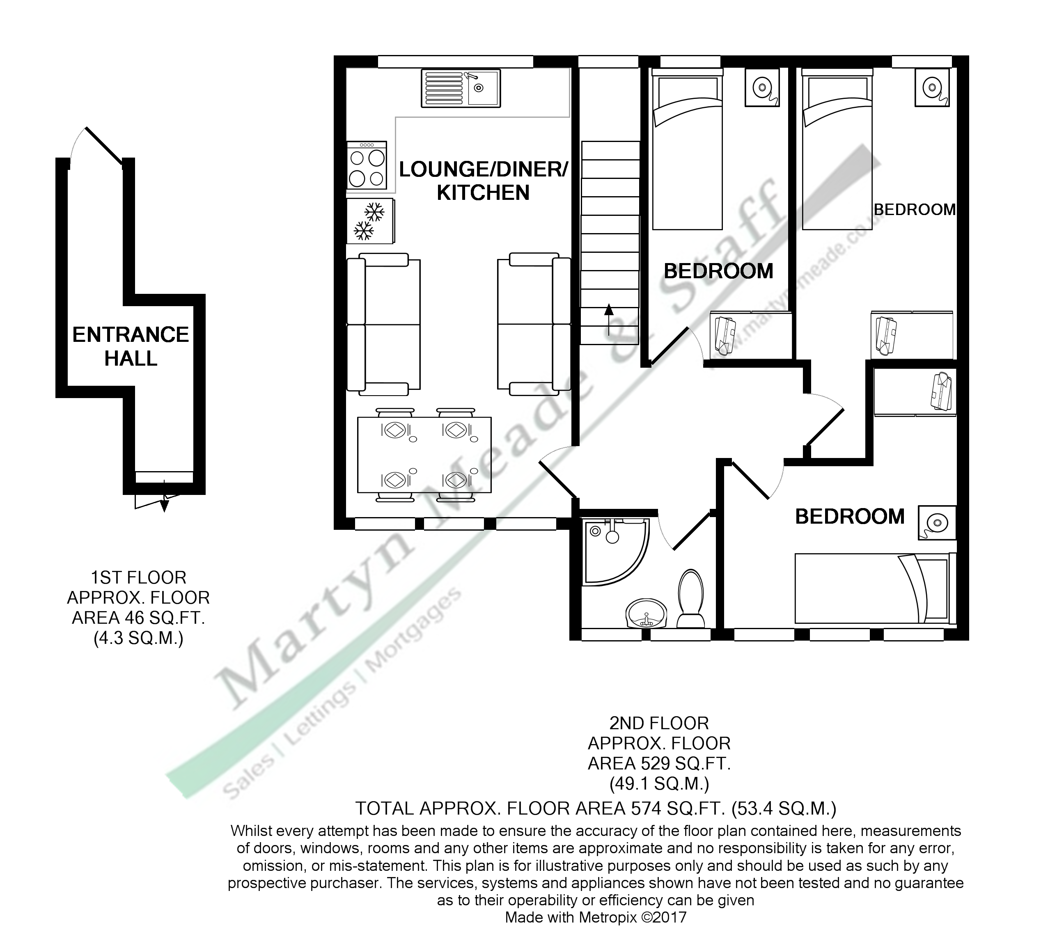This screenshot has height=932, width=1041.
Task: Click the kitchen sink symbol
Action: (461, 89)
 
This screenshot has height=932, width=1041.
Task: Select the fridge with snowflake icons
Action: (370, 221)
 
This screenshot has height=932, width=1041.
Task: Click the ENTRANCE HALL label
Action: (131, 347)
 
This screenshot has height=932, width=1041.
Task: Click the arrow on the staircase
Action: (609, 318)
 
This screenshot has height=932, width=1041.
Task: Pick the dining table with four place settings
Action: (424, 455)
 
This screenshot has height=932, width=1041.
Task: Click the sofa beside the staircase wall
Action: (534, 324)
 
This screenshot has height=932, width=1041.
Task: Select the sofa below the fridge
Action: (383, 324)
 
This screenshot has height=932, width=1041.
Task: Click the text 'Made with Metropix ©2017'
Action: (595, 917)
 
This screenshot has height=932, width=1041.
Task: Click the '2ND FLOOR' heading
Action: (659, 723)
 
